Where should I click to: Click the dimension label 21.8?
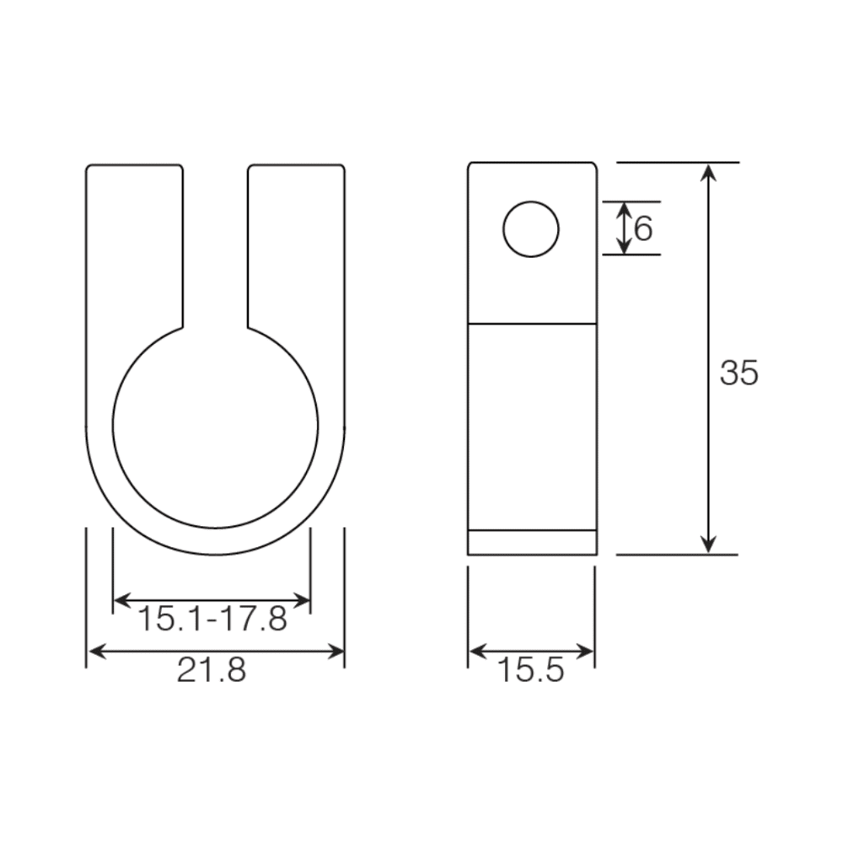pyautogui.click(x=212, y=670)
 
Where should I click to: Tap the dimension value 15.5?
pyautogui.click(x=531, y=670)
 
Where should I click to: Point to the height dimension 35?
pyautogui.click(x=738, y=373)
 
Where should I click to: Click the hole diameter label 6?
pyautogui.click(x=643, y=228)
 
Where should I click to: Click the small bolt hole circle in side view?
pyautogui.click(x=531, y=229)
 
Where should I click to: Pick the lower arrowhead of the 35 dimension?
pyautogui.click(x=709, y=544)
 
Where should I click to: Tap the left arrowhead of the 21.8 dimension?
pyautogui.click(x=97, y=652)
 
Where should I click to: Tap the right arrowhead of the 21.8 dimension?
pyautogui.click(x=335, y=652)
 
